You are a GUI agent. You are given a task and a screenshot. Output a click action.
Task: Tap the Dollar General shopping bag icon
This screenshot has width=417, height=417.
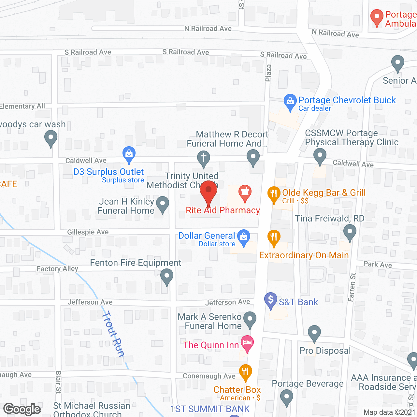(x=244, y=237)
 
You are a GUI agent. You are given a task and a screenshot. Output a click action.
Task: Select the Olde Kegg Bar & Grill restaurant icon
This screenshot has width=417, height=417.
(x=274, y=194)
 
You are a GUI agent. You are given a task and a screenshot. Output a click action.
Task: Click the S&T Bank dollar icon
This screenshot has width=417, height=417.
(x=270, y=300)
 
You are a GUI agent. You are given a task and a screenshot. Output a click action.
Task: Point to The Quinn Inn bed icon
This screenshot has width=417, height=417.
(x=247, y=343)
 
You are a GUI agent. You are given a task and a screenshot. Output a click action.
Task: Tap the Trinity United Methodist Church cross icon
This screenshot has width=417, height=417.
(x=204, y=158)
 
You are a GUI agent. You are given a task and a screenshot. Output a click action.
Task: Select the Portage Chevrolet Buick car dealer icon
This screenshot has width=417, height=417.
(x=290, y=101)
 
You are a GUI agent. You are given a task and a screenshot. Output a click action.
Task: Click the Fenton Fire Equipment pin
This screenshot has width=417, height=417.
(x=167, y=277)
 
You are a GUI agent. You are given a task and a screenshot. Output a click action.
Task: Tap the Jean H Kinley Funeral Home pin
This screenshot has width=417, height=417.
(x=163, y=204)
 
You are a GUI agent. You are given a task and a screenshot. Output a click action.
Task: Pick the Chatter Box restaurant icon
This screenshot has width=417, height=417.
(x=245, y=371)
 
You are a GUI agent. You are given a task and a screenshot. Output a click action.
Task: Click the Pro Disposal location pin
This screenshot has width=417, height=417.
(x=314, y=333)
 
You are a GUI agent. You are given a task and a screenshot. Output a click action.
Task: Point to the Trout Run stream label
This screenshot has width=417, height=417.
(x=113, y=334)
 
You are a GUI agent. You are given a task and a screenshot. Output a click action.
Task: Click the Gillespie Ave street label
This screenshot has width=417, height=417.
(x=88, y=232)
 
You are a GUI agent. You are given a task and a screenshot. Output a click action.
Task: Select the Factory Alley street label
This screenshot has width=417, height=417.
(x=57, y=269)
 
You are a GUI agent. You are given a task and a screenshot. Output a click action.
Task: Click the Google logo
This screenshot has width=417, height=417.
(x=22, y=409)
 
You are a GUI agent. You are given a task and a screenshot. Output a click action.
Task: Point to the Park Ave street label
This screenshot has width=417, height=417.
(x=378, y=265)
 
